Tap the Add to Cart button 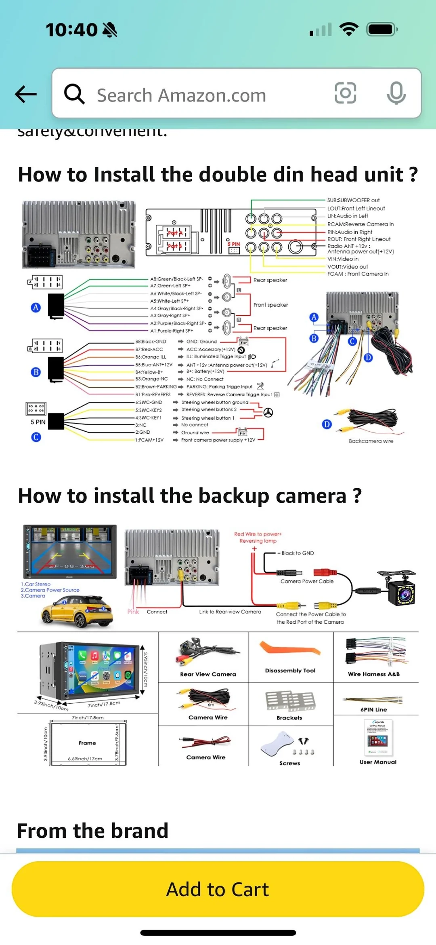(x=218, y=889)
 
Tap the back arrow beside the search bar (x=26, y=94)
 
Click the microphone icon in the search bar (x=396, y=93)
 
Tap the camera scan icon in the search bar (x=345, y=93)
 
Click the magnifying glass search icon (x=74, y=94)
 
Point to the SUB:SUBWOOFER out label (x=353, y=200)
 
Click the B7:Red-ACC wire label (x=149, y=349)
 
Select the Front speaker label (x=270, y=305)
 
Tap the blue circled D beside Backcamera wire (x=327, y=424)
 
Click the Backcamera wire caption (x=371, y=441)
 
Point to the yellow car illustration (x=77, y=611)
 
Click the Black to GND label (x=297, y=553)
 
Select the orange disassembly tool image (x=289, y=649)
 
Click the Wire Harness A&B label (x=373, y=674)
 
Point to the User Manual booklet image (x=378, y=738)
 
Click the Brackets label (x=289, y=718)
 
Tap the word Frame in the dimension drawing (x=87, y=743)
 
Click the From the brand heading (x=92, y=831)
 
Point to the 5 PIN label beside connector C (x=38, y=422)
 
